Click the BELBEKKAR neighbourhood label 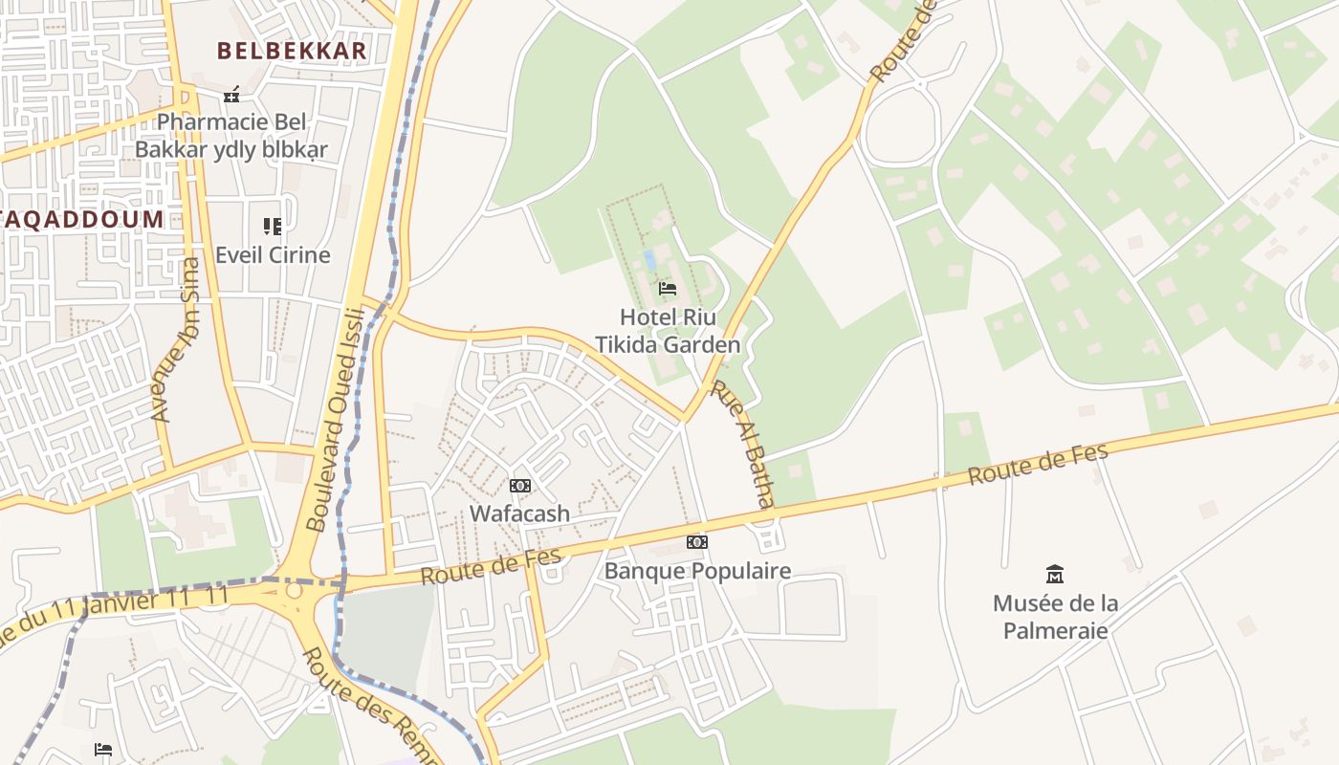(x=292, y=51)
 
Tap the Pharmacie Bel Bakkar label (x=231, y=136)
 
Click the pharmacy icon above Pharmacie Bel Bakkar (x=231, y=94)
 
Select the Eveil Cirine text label (x=273, y=255)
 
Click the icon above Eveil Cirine (x=273, y=227)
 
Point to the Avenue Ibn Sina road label (x=177, y=339)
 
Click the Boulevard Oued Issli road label (x=337, y=419)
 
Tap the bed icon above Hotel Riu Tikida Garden (x=668, y=288)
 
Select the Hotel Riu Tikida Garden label (x=668, y=331)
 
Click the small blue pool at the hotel (x=650, y=259)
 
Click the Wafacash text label (x=519, y=514)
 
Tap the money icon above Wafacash (x=519, y=486)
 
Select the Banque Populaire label (x=697, y=571)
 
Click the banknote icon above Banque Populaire (x=697, y=542)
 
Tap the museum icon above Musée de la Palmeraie (x=1055, y=574)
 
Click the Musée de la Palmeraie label (x=1055, y=617)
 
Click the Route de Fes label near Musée (x=1038, y=464)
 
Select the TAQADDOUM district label (x=82, y=219)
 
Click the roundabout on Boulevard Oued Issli (x=294, y=590)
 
